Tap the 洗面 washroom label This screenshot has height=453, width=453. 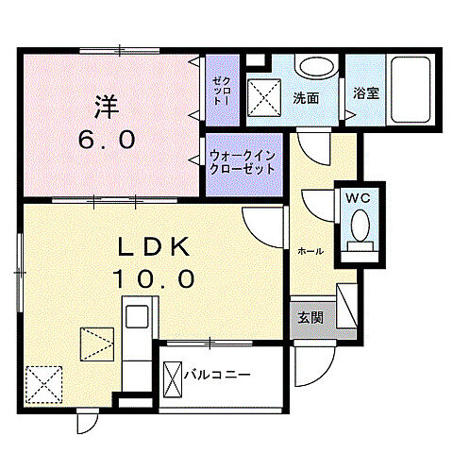pos(306,96)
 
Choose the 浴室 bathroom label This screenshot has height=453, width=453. pos(364,95)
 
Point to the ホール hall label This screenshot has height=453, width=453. pos(310,252)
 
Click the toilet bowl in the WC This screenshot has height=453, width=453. pos(359,226)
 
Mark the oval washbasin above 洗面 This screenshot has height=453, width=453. pos(315,68)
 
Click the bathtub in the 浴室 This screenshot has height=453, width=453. pos(411,90)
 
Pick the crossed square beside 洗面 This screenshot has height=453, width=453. pos(261,95)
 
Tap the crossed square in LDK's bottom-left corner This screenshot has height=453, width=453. pos(43,385)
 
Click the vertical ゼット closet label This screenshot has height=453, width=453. pos(223,90)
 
